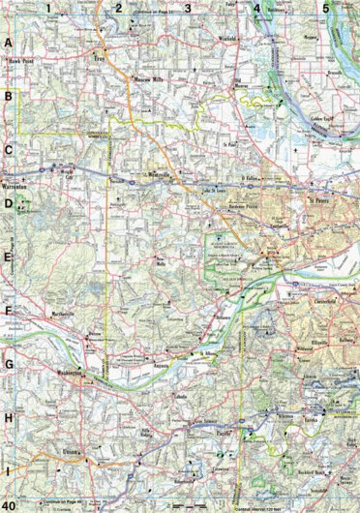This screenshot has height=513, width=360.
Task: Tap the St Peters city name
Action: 320,201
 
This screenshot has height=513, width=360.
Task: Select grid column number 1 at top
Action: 46,8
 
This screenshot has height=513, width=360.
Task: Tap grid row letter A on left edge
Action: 9,45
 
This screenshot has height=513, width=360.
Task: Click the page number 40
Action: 9,504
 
